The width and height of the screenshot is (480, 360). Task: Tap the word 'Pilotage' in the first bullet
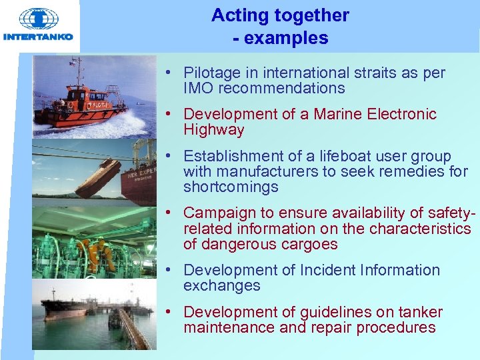click(x=213, y=73)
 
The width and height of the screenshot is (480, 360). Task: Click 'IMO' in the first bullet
click(x=199, y=89)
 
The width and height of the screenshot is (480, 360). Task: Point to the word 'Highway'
click(x=214, y=130)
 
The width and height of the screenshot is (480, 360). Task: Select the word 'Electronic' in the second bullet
click(x=402, y=115)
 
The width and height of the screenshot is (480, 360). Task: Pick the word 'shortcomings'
click(x=231, y=187)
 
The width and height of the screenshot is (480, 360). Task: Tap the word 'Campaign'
click(x=217, y=213)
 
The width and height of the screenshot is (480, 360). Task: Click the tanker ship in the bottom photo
click(x=67, y=308)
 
